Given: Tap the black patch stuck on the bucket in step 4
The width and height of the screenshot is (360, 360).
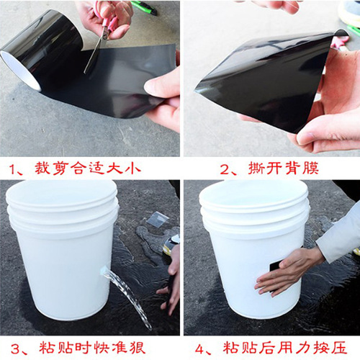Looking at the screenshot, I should coord(274,266).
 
